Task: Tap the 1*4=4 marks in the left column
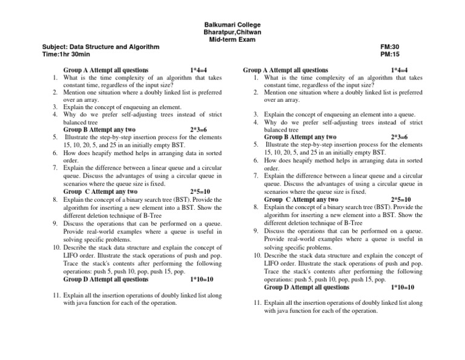199,70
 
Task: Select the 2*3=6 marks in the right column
400,138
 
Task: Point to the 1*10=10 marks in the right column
404,288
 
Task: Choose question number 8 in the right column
256,207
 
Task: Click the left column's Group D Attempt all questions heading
106,280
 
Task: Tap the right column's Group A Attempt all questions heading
286,70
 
